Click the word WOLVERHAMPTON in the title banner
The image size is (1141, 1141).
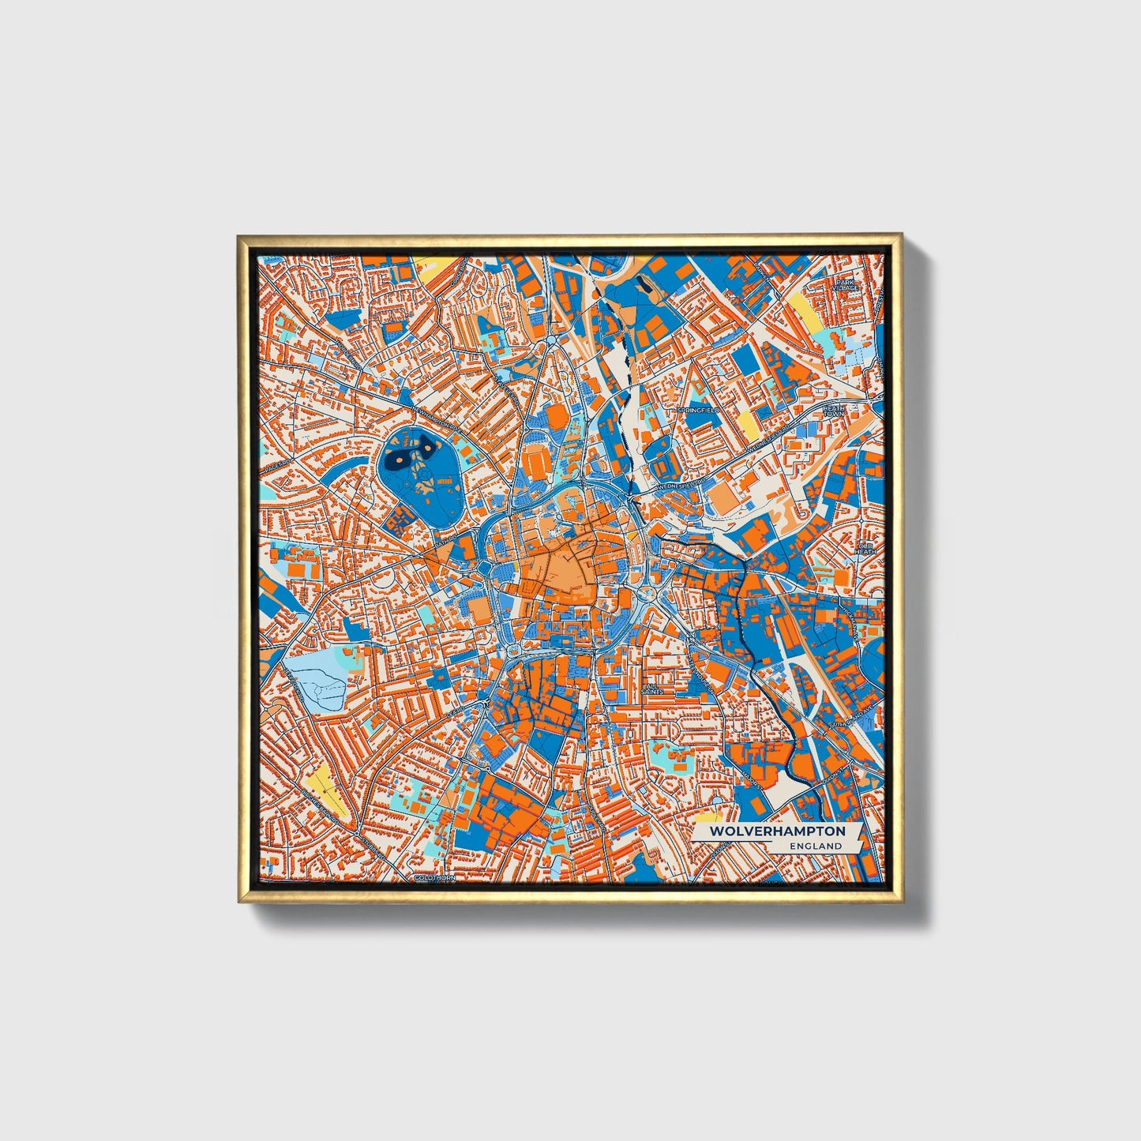(777, 831)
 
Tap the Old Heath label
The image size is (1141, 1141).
(866, 548)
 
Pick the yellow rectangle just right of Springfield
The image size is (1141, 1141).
(747, 426)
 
